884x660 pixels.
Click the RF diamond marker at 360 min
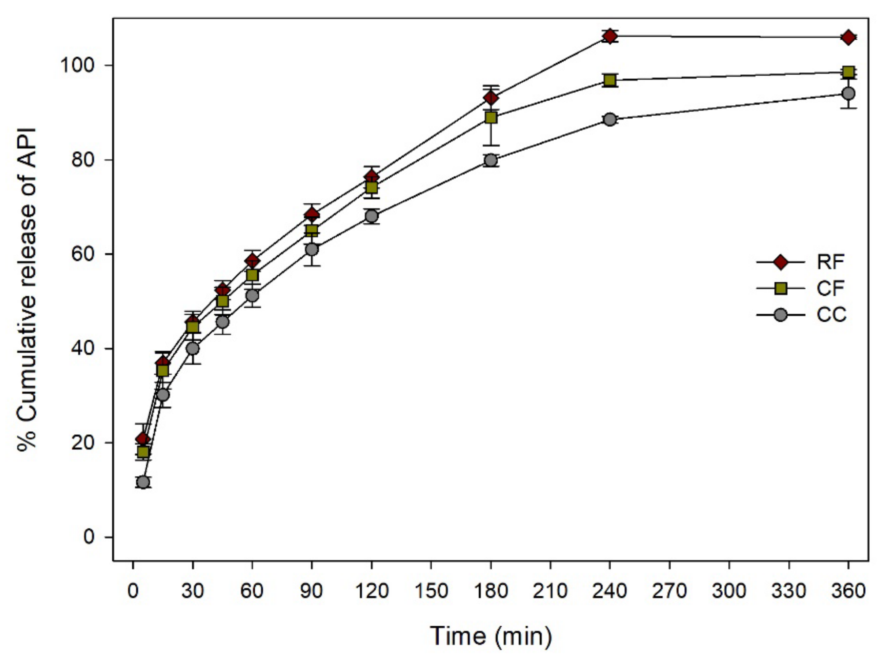(x=848, y=38)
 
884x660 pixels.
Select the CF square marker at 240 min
(x=610, y=80)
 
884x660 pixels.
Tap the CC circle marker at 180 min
(x=491, y=160)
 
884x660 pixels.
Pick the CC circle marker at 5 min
(x=143, y=482)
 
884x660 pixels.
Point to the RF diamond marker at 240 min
(x=610, y=36)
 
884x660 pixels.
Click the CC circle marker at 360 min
(x=848, y=94)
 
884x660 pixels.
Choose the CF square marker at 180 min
(x=491, y=117)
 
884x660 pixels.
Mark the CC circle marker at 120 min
(x=371, y=216)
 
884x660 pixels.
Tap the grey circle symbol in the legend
(x=780, y=315)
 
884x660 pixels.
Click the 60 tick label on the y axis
(x=84, y=254)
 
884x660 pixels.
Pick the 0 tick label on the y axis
(x=89, y=537)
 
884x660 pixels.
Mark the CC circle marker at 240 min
(x=610, y=120)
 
